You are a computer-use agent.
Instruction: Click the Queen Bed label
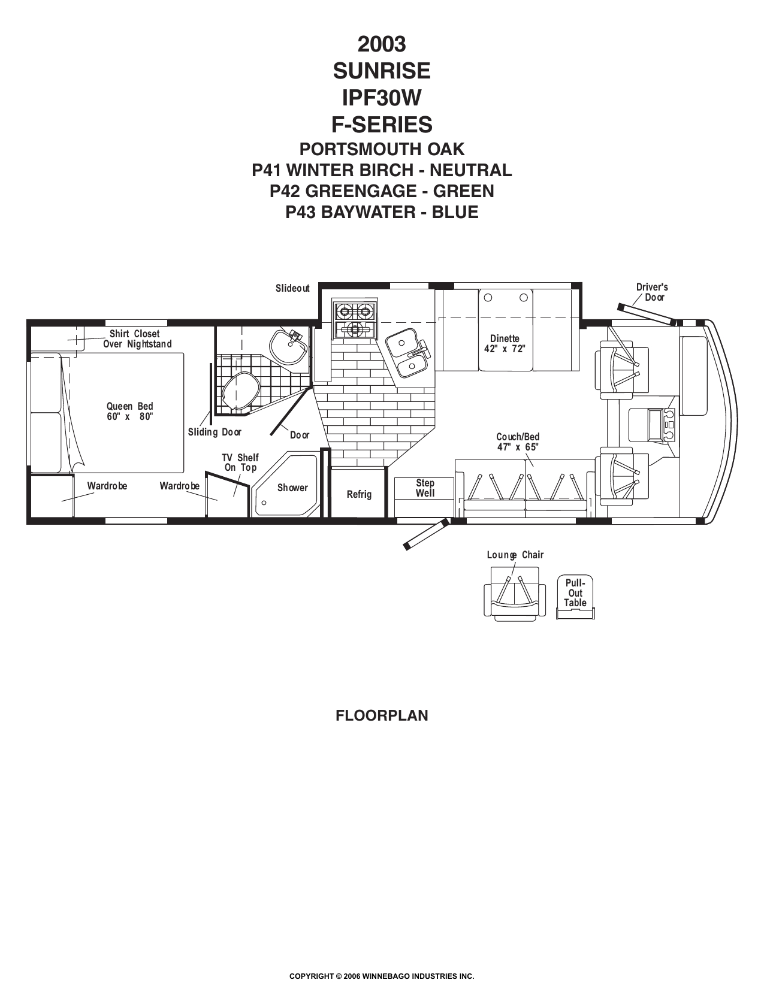(x=130, y=411)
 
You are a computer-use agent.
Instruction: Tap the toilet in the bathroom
(x=240, y=390)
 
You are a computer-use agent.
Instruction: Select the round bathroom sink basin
(x=288, y=347)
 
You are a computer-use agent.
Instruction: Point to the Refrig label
(x=359, y=494)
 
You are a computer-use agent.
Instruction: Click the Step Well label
(x=425, y=488)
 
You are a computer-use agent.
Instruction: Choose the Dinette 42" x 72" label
(x=505, y=344)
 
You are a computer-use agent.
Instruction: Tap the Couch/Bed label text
(x=518, y=437)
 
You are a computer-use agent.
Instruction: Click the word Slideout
(x=292, y=288)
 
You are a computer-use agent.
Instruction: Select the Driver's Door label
(x=652, y=292)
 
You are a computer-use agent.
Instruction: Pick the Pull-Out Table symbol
(x=575, y=597)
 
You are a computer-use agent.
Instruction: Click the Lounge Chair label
(x=515, y=555)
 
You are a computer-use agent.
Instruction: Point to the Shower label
(x=292, y=488)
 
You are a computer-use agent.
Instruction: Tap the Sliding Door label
(x=215, y=432)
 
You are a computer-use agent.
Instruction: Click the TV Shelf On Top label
(x=240, y=462)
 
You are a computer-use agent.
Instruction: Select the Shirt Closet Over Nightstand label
(x=137, y=339)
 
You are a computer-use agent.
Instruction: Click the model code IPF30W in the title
(x=382, y=98)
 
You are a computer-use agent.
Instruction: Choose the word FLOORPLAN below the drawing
(x=382, y=715)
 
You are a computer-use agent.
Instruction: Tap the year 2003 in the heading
(x=382, y=44)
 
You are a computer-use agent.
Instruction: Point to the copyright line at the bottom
(x=382, y=976)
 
